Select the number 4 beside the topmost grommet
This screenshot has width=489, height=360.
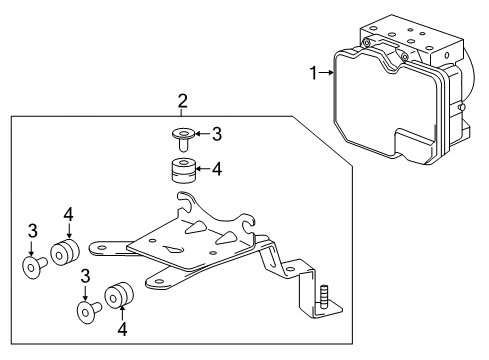[x=215, y=168]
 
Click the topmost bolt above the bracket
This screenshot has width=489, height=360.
[x=184, y=133]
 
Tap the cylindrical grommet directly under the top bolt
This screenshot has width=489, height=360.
[x=182, y=168]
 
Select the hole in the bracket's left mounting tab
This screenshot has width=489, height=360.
[x=100, y=244]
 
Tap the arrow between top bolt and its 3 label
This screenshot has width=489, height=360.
[x=200, y=133]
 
